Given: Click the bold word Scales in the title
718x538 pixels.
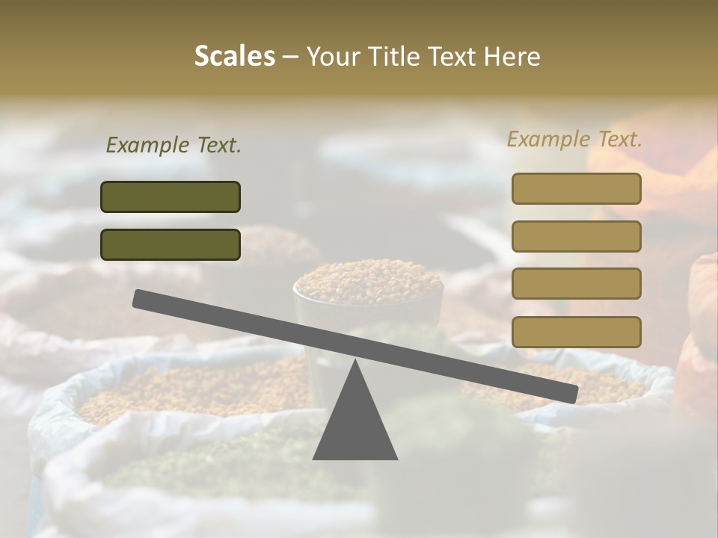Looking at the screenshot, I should pos(234,56).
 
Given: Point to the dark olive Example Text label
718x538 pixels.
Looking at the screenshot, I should pos(174,146).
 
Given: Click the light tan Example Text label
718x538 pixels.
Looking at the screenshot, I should pos(574,139).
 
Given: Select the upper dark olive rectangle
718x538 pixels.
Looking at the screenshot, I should pos(171,197).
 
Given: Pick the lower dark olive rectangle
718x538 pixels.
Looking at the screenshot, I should pos(171,244).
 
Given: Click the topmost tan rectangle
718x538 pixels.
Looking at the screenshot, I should pos(576,188).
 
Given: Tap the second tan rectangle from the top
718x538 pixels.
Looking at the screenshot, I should pos(576,236).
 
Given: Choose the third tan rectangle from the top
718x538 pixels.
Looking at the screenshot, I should pos(576,283).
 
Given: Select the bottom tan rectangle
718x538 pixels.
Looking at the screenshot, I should pos(576,332).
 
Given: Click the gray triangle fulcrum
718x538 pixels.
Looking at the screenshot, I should pos(355,426).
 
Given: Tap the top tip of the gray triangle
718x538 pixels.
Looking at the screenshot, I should pos(355,362).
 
